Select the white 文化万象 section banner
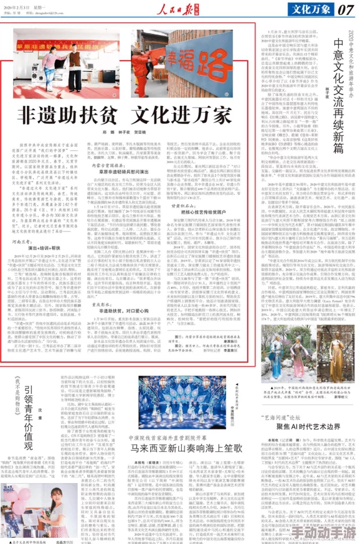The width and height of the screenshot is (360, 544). pos(306,9)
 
